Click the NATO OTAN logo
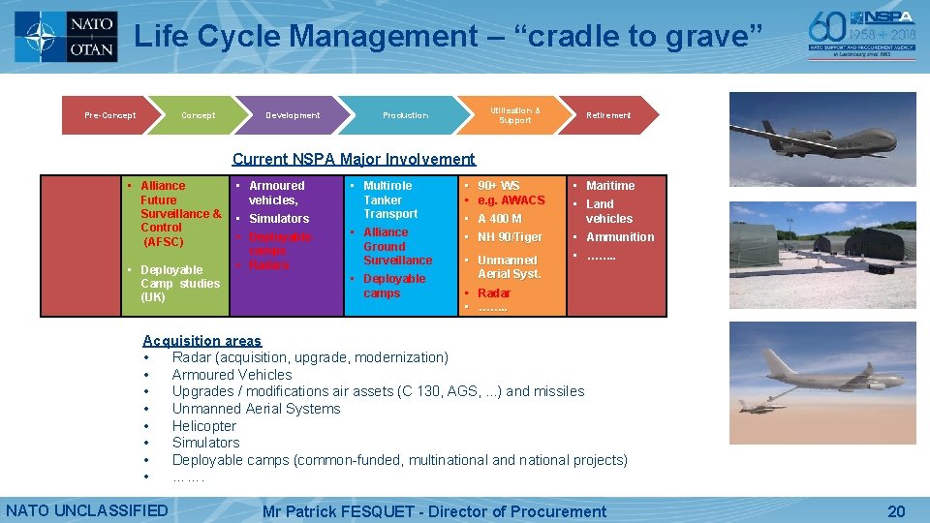(67, 37)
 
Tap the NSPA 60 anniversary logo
(861, 34)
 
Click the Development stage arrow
(293, 115)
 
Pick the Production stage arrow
(405, 115)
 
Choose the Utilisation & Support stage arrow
(514, 115)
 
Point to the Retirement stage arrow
(607, 115)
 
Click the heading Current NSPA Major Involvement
(354, 159)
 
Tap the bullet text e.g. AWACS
(511, 200)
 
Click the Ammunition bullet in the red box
(619, 237)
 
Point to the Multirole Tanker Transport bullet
(389, 200)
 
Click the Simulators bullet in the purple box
(278, 219)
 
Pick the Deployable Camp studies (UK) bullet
(179, 284)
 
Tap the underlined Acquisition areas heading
(201, 340)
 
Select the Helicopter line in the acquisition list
(203, 426)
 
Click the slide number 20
(896, 511)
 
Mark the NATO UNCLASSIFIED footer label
(87, 510)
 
